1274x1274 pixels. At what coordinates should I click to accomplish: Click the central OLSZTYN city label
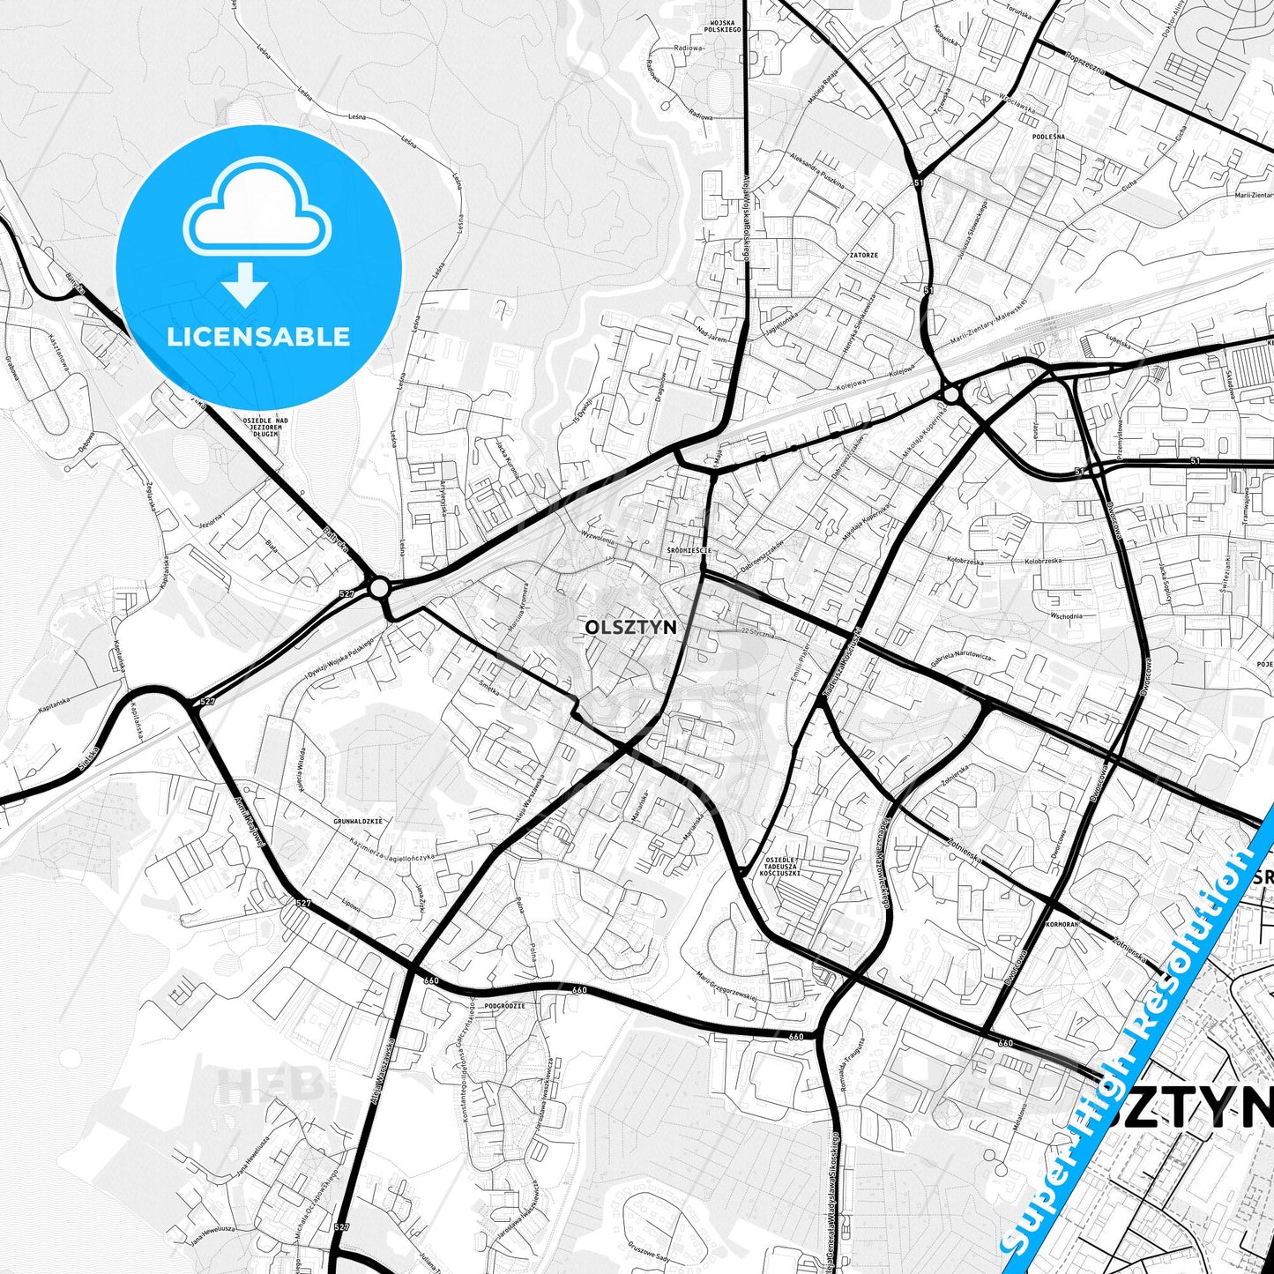point(630,626)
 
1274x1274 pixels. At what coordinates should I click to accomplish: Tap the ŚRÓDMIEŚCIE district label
point(689,550)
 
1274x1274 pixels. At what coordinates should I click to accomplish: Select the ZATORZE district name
point(863,255)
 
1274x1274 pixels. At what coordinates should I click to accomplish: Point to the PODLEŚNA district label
point(1048,137)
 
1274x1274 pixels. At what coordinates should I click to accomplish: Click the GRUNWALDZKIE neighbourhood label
point(358,821)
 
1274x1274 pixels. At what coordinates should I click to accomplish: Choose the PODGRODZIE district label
point(505,1005)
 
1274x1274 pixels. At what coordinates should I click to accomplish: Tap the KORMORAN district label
point(1062,925)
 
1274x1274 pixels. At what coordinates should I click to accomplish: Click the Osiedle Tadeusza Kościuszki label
point(780,866)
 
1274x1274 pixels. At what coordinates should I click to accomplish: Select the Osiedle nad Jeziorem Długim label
point(264,427)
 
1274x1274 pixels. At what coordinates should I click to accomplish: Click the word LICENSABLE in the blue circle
point(258,336)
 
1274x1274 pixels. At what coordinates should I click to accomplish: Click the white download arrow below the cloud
point(245,284)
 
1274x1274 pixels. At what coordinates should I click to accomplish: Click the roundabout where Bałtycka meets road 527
point(380,587)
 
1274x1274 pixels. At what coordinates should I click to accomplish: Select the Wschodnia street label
point(1066,615)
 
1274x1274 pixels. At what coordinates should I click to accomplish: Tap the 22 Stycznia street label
point(758,631)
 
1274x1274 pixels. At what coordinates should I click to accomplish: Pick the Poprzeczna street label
point(1085,62)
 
